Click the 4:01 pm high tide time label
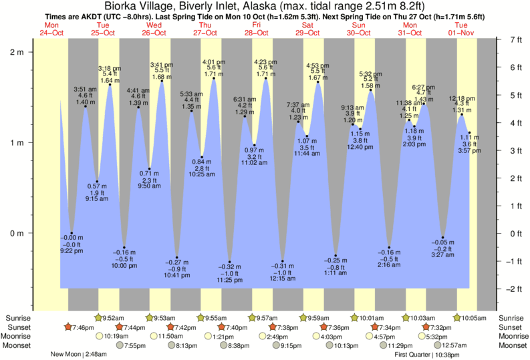tap(214, 62)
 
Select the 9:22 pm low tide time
tap(72, 250)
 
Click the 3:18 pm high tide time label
tap(110, 68)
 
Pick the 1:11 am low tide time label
tap(336, 273)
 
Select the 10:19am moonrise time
tap(116, 337)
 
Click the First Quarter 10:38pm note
tap(426, 355)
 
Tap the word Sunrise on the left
tap(18, 318)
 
